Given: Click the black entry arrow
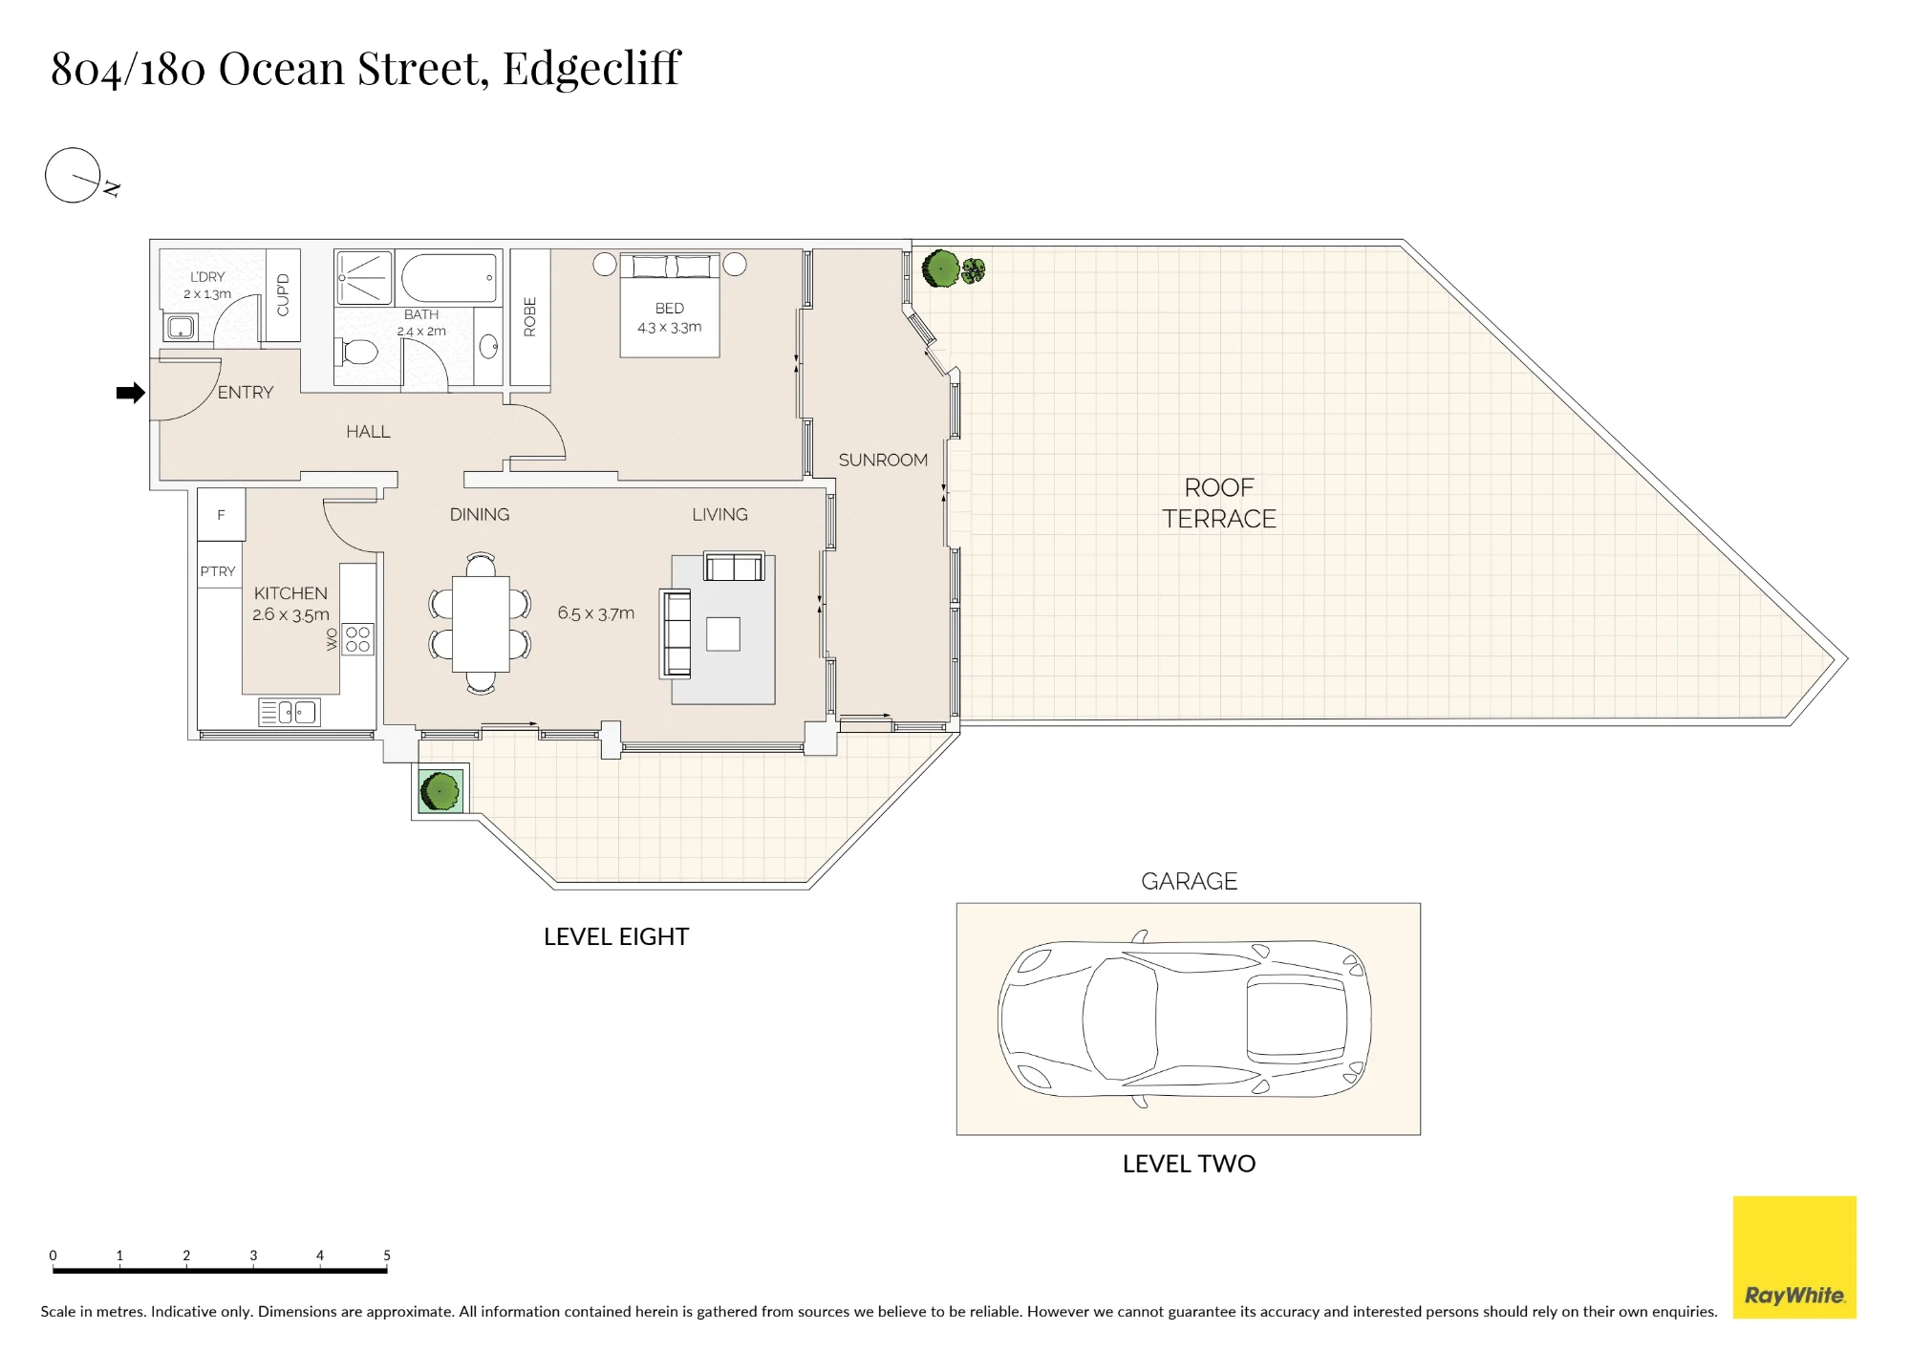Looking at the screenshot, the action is point(131,393).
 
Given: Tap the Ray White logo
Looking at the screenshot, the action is point(1794,1257).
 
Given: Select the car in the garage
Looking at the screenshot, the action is point(1185,1019).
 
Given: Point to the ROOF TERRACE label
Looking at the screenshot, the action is point(1219,504).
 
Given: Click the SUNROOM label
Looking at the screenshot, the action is point(883,461).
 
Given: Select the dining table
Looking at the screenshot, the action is point(481,623).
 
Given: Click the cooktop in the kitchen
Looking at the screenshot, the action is point(357,639).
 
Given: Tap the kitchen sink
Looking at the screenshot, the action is point(289,712).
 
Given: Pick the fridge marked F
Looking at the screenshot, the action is point(222,515).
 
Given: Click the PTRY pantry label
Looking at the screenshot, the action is point(218,571).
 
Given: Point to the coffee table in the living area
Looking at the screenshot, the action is point(723,634).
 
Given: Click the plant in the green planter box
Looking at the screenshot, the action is point(440,791).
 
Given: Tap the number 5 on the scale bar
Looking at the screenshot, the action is point(387,1255).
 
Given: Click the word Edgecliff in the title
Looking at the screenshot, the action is point(592,69).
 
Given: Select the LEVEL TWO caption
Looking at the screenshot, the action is point(1189,1164).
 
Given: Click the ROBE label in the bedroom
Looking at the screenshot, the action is point(530,316).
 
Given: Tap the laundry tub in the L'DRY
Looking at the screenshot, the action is point(181,328).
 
